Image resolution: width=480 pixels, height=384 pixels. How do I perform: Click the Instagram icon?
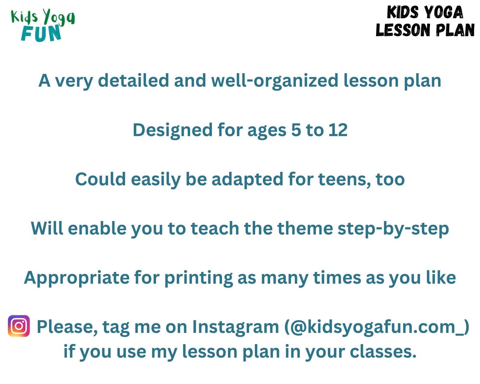19,326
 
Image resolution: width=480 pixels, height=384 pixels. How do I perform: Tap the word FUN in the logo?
41,33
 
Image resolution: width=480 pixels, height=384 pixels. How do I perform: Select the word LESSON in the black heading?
398,30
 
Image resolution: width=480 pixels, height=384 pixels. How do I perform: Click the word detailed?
133,81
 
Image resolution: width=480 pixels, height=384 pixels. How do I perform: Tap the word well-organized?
274,81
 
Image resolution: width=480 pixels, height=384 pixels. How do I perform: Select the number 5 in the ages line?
296,130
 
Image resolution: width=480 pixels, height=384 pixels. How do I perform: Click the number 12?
338,130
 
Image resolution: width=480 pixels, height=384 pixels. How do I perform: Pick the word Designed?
173,130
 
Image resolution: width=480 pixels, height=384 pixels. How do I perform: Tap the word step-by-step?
393,229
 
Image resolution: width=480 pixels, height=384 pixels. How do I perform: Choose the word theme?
305,228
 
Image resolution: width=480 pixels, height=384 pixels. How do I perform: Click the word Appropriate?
77,278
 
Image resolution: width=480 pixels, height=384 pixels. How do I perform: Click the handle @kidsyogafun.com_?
377,327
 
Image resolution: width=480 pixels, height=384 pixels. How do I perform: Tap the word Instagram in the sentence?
235,327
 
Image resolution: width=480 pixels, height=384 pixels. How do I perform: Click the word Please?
67,327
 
